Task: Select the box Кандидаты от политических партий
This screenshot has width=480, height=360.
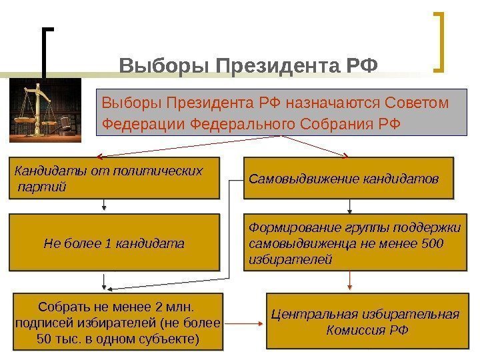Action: coord(113,178)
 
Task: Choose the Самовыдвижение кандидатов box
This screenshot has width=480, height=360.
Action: coord(348,178)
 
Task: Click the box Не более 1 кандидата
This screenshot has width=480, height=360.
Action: coord(113,242)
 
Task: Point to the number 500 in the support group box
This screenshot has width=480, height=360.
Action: coord(432,243)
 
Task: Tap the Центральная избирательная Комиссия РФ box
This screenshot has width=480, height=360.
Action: coord(364,322)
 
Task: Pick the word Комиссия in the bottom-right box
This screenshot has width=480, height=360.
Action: coord(355,330)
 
